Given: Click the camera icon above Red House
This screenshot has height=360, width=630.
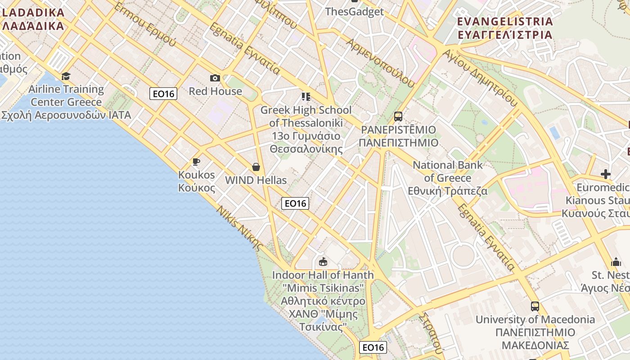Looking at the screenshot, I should (x=215, y=78).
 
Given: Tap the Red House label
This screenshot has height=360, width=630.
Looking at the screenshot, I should (x=215, y=91).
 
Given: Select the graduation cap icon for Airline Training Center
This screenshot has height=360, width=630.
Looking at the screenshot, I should (x=66, y=76).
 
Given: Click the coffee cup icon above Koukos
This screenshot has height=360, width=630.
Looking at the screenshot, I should (x=196, y=162).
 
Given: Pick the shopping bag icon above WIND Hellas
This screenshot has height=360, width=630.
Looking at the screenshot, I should (x=256, y=167).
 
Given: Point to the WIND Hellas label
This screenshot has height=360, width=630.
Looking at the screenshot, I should (x=256, y=180).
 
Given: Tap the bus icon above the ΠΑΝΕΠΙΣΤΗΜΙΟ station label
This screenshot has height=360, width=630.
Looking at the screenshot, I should (x=398, y=117).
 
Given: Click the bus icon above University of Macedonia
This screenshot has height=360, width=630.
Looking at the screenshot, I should (x=535, y=306).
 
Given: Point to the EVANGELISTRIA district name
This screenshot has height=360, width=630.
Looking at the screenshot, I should (x=504, y=28).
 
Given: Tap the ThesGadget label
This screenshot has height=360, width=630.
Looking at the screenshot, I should (x=354, y=12).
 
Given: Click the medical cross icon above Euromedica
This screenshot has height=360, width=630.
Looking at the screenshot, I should (x=606, y=174).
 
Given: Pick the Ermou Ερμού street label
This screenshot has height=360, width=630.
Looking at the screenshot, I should (x=145, y=25).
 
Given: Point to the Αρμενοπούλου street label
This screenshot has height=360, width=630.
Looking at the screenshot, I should (x=380, y=62).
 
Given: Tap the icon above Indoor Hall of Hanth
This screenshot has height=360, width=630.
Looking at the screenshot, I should (x=323, y=261).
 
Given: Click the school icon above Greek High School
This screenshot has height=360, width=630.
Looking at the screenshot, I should (x=306, y=96).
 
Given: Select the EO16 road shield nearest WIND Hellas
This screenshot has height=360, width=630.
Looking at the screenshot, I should (x=295, y=203).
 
